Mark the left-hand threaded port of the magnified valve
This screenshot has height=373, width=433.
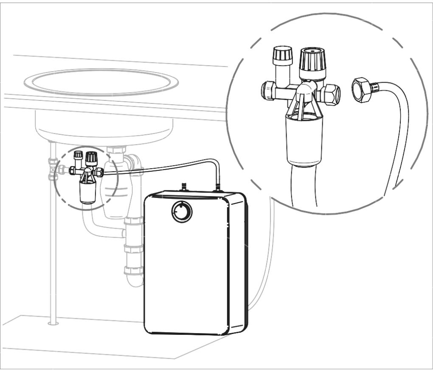pos(267,89)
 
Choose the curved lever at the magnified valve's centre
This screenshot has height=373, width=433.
pos(306,89)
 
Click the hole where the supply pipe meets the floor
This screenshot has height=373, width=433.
pos(53,323)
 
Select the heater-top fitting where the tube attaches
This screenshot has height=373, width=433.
pos(218,186)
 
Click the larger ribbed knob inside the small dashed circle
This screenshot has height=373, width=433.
pos(90,159)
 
